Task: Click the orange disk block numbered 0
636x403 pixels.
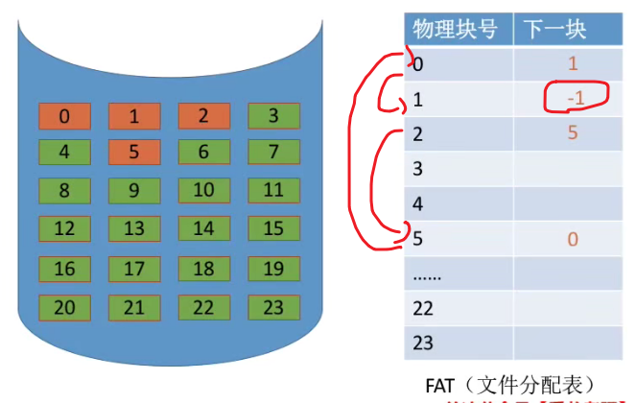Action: (63, 117)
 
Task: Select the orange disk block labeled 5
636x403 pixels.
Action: (133, 153)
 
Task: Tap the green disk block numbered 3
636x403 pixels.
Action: (273, 117)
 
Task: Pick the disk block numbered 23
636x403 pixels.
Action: (273, 308)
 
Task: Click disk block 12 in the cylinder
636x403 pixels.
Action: (63, 228)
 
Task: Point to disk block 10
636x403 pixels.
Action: (203, 190)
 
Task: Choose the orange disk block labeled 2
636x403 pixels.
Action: (203, 117)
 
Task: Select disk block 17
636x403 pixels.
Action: (133, 269)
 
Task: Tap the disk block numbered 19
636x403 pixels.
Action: (273, 269)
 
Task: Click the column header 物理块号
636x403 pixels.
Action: (455, 29)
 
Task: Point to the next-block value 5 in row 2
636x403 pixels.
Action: (573, 133)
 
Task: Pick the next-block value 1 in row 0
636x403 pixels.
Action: (573, 65)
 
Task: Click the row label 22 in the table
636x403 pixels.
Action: (422, 309)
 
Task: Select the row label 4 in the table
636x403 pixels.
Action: (417, 204)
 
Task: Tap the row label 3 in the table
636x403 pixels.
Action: (417, 170)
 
